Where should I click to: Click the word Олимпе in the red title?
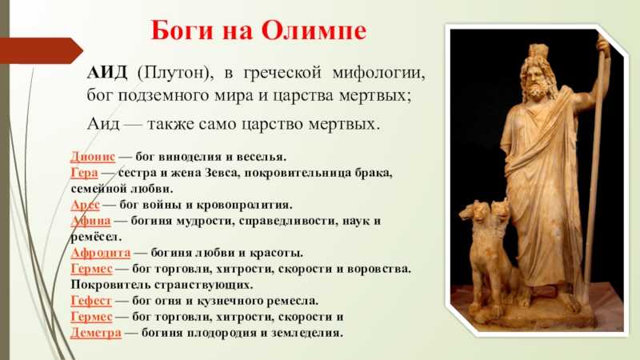pos(314,30)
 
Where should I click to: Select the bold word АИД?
pos(107,73)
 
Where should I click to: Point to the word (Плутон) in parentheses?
pos(175,74)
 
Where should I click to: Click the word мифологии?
pos(378,74)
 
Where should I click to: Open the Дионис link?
pos(93,157)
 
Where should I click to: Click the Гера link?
pos(84,173)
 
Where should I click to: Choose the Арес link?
pos(85,205)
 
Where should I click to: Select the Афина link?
pos(90,221)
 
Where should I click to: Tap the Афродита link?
pos(101,253)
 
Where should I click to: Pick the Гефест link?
pos(90,302)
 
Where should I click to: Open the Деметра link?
pos(96,333)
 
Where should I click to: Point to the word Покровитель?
pos(106,285)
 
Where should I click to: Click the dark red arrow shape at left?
pos(41,50)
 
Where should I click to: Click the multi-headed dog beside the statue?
pos(488,245)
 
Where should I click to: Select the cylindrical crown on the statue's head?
pos(538,51)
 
